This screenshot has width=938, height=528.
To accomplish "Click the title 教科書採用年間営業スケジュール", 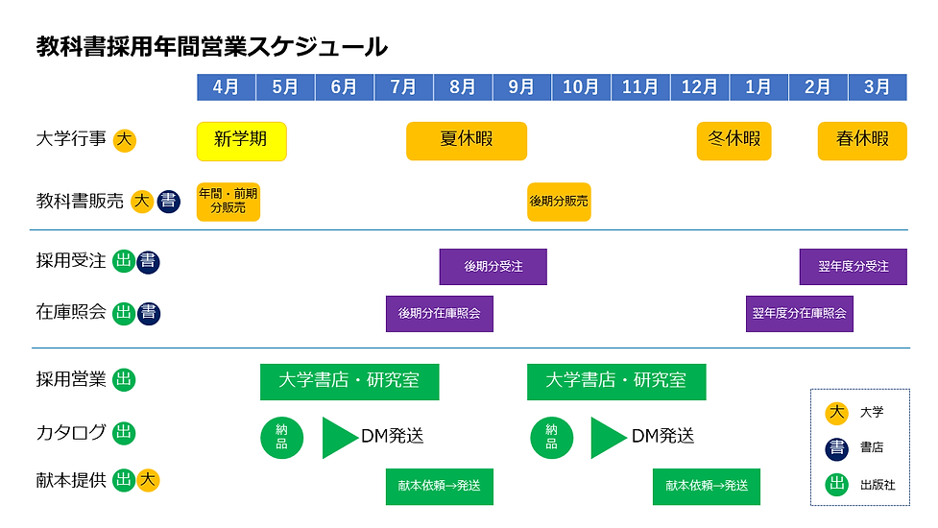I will (x=211, y=46).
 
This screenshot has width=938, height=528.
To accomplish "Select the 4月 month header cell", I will (x=227, y=86).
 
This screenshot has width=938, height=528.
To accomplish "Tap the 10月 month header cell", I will (x=581, y=86).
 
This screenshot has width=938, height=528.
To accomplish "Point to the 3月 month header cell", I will (x=876, y=86).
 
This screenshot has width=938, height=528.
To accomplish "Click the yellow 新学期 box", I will (x=241, y=140).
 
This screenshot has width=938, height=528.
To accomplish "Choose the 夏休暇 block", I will (x=467, y=140).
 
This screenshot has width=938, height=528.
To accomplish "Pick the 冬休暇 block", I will (x=734, y=140).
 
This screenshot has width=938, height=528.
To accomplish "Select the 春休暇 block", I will (x=862, y=140).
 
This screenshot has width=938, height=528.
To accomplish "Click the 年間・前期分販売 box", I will (x=228, y=201).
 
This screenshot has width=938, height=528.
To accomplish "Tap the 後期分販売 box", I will (x=559, y=202).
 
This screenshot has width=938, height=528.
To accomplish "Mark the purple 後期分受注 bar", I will (x=493, y=266).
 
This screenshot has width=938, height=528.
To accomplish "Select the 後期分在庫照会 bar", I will (x=439, y=313).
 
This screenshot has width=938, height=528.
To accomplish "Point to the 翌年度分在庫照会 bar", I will (x=799, y=313).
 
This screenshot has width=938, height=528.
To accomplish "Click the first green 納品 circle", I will (x=281, y=437).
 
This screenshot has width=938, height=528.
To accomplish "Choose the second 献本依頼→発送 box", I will (x=706, y=486).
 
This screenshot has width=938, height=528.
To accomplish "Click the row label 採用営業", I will (x=71, y=379).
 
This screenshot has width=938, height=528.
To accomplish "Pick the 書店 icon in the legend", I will (x=836, y=448).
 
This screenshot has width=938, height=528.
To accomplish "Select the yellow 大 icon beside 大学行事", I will (x=124, y=140).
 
